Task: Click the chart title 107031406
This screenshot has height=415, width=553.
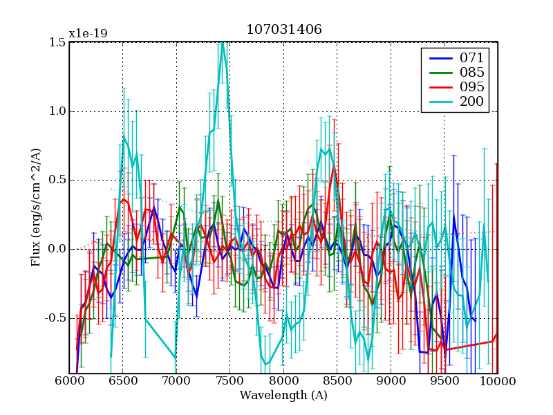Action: click(x=283, y=30)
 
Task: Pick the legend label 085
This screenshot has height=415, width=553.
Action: click(x=472, y=72)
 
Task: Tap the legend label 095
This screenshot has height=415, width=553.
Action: click(x=472, y=87)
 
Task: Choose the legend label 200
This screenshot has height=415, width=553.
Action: click(x=472, y=102)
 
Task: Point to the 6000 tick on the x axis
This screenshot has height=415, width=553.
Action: click(x=69, y=381)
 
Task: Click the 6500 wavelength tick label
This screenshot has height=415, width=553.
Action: click(x=122, y=381)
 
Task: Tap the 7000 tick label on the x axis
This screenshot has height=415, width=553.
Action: click(x=176, y=381)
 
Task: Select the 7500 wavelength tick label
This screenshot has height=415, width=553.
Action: click(x=229, y=381)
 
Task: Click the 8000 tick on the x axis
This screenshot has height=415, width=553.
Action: click(x=283, y=381)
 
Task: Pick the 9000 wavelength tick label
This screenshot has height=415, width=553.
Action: click(x=391, y=381)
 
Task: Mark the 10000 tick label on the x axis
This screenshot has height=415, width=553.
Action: click(x=497, y=381)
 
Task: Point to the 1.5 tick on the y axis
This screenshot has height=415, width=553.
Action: click(x=57, y=42)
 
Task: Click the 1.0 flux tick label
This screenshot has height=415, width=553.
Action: click(x=57, y=111)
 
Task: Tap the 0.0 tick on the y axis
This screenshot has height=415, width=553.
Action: click(x=57, y=250)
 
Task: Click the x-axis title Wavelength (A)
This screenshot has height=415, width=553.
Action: click(x=283, y=396)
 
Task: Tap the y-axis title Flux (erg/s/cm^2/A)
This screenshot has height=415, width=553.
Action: click(x=35, y=207)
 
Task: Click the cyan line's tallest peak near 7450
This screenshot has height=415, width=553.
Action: click(x=223, y=44)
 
